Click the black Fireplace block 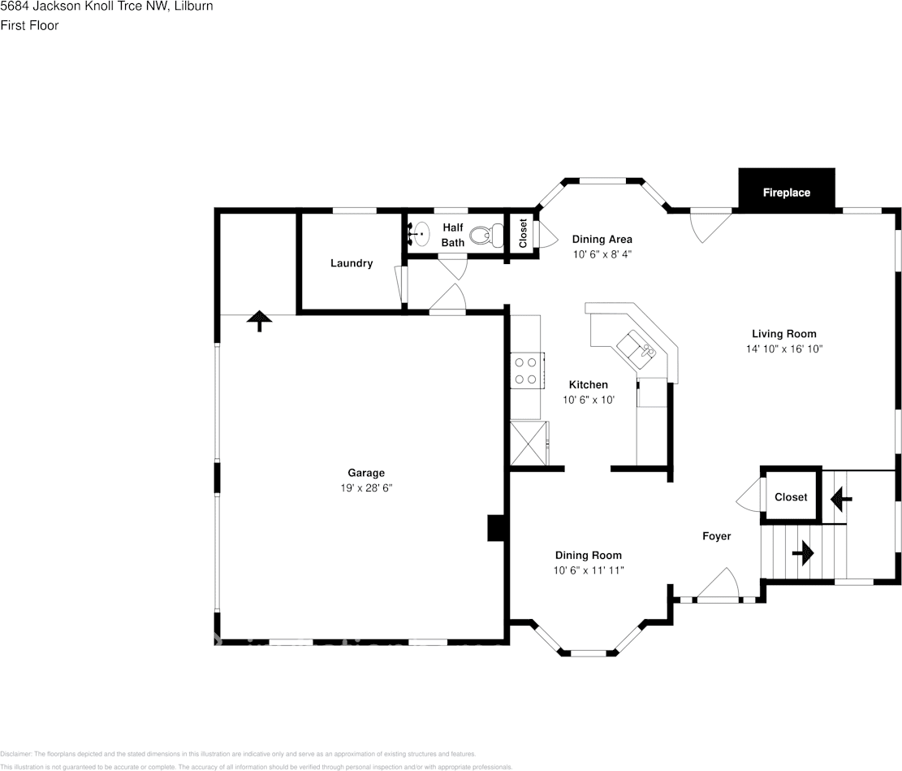tap(786, 189)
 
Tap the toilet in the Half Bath tap(485, 236)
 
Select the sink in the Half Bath tap(419, 235)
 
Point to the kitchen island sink tap(637, 347)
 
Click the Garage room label tap(366, 473)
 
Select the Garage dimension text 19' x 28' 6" tap(366, 487)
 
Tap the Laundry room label tap(352, 263)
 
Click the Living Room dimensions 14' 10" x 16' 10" tap(783, 349)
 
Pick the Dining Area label tap(602, 239)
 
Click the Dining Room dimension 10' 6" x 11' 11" tap(589, 570)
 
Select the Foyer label tap(716, 536)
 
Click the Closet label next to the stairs tap(791, 497)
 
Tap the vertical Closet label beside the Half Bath tap(523, 234)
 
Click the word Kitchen tap(588, 384)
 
